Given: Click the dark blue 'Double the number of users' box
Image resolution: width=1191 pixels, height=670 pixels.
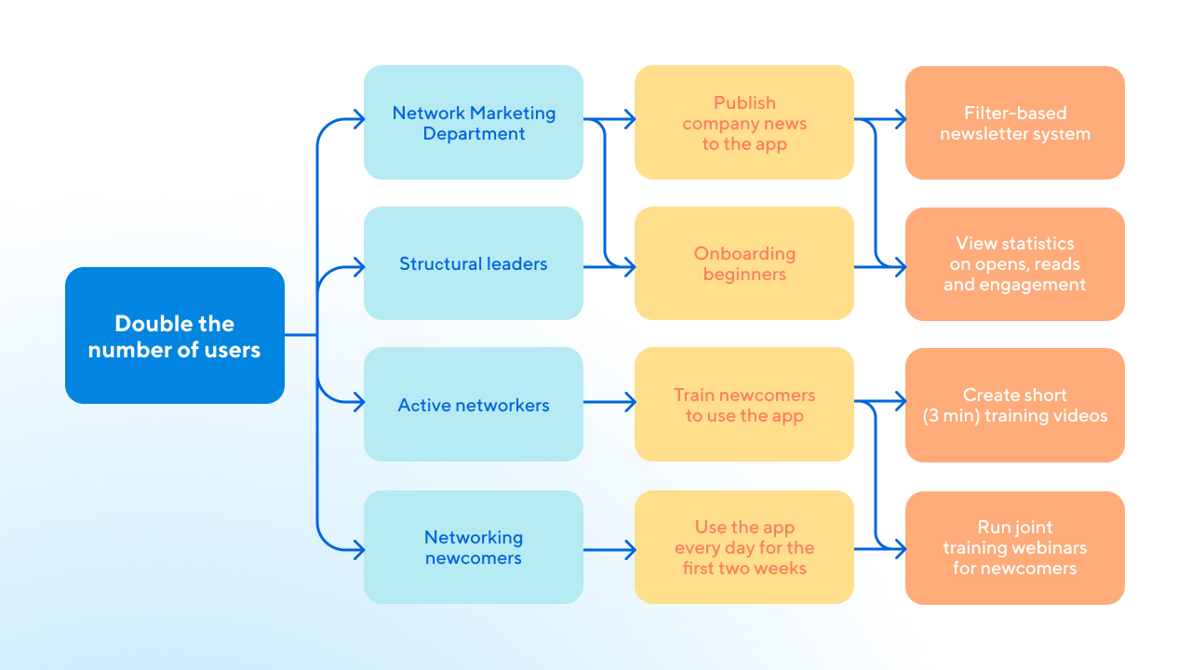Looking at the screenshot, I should (x=175, y=335).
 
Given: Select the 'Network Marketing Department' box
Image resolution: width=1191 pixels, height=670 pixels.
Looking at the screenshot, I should (x=474, y=123).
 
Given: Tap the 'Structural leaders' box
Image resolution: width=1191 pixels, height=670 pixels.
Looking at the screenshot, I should (x=474, y=263).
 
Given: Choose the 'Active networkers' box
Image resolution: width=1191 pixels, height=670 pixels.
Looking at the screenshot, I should (x=474, y=405).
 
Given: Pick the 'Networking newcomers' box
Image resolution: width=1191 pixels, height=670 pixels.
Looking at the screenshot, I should (x=474, y=547).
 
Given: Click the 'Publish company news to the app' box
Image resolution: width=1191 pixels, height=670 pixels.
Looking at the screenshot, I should (x=744, y=123).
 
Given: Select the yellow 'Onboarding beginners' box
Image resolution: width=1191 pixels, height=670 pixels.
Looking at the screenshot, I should (x=744, y=263).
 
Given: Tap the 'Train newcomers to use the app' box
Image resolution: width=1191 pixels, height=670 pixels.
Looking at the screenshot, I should (x=744, y=405).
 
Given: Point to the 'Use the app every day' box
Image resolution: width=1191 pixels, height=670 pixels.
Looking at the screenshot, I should (x=744, y=547).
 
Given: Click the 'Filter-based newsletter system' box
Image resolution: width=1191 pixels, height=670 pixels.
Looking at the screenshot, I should (x=1015, y=123).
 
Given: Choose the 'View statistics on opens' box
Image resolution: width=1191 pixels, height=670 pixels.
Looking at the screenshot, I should (x=1015, y=263).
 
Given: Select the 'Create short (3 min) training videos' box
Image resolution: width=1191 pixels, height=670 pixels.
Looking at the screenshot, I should (x=1015, y=405).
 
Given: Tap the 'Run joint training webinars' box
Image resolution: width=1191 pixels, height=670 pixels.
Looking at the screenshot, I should (x=1015, y=547).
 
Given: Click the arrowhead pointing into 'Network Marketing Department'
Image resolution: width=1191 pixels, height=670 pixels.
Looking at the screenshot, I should (x=358, y=119).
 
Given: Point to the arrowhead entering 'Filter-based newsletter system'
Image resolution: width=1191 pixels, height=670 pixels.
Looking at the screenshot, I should (x=900, y=119).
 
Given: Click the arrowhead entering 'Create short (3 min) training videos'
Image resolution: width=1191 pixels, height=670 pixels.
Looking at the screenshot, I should (x=900, y=402).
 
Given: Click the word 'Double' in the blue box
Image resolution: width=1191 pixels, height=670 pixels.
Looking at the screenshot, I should (x=147, y=324).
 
